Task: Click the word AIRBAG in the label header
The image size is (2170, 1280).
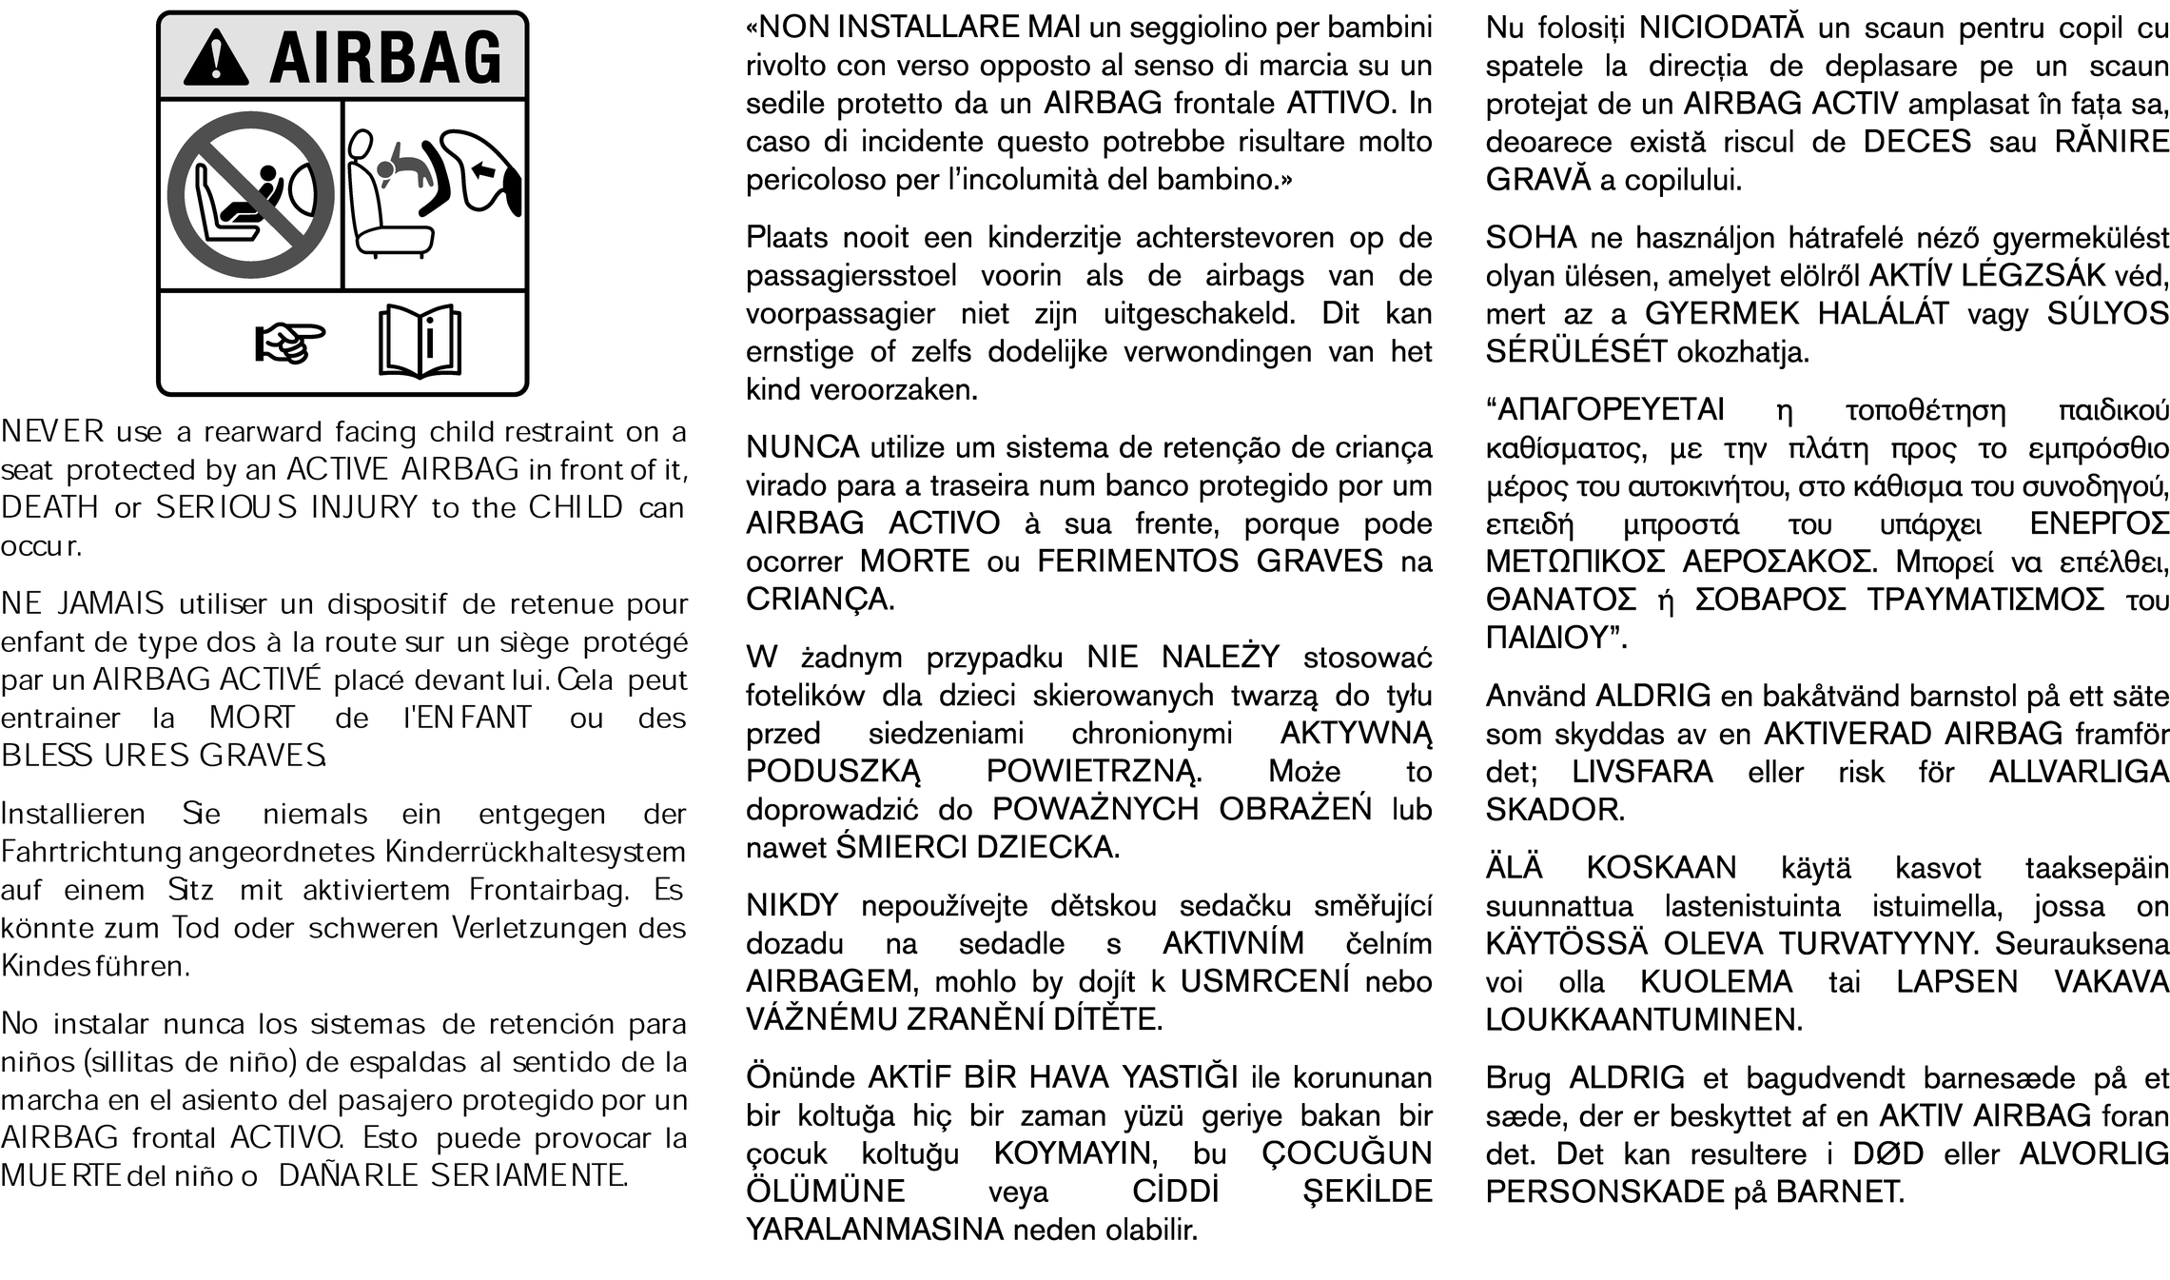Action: tap(385, 57)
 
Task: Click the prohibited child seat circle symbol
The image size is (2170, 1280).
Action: tap(251, 194)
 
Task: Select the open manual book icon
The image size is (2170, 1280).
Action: tap(420, 342)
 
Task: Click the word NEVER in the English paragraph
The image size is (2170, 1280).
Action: tap(52, 432)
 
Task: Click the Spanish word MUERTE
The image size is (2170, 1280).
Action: tap(60, 1176)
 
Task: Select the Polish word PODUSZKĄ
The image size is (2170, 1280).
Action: tap(833, 771)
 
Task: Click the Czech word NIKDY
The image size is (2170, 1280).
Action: tap(792, 905)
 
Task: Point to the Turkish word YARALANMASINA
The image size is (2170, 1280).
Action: tap(874, 1230)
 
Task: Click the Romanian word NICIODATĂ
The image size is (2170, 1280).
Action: tap(1721, 28)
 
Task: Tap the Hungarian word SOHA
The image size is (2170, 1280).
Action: tap(1531, 237)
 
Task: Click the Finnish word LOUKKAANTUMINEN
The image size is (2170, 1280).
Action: tap(1644, 1020)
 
